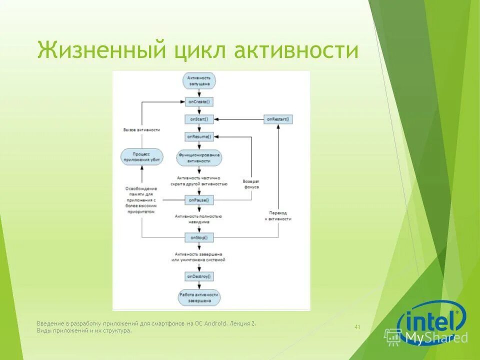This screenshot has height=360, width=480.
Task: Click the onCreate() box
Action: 199,101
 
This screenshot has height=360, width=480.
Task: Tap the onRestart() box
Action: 278,119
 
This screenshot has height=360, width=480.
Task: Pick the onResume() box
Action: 199,136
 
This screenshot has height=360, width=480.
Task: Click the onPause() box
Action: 199,200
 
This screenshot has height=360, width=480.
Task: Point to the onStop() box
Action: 199,236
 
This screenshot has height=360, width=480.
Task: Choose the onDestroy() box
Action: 199,276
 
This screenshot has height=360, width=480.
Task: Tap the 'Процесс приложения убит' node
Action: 142,156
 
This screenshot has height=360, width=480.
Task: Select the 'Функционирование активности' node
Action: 199,158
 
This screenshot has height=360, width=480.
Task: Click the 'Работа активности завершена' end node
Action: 199,298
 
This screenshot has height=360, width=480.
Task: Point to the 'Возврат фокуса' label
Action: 250,183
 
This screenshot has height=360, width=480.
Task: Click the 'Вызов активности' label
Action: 141,129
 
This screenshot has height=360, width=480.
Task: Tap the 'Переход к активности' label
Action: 278,216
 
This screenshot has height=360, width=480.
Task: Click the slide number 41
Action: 357,327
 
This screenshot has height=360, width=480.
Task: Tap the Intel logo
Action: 431,320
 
